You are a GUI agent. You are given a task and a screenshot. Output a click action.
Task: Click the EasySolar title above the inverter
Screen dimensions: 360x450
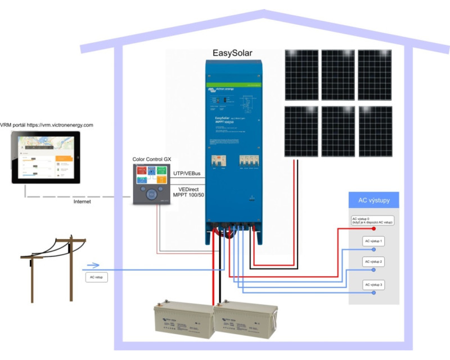click(232, 53)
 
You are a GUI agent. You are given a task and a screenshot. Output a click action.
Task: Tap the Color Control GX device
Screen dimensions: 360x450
click(150, 185)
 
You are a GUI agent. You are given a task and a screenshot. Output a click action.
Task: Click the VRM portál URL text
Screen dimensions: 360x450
click(47, 125)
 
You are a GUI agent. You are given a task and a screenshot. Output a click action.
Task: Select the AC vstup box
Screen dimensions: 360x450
click(97, 277)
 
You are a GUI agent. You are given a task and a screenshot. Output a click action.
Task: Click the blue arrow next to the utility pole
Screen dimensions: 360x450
click(93, 265)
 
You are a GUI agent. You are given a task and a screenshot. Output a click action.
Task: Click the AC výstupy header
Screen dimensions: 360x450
click(374, 200)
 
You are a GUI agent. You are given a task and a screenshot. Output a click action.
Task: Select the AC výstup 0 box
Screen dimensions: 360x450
click(372, 220)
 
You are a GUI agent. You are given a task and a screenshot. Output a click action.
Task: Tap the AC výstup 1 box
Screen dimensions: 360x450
click(373, 241)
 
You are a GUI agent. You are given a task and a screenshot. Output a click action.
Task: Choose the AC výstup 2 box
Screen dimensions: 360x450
click(373, 262)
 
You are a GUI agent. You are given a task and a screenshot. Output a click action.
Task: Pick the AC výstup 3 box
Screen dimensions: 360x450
click(373, 285)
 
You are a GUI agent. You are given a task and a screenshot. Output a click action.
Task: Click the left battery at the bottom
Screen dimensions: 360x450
click(185, 321)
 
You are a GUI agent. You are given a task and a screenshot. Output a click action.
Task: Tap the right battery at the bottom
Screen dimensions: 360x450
click(246, 320)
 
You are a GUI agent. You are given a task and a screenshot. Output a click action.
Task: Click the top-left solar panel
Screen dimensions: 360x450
click(301, 75)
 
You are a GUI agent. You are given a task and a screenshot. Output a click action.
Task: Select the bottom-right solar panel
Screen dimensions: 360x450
click(375, 131)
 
